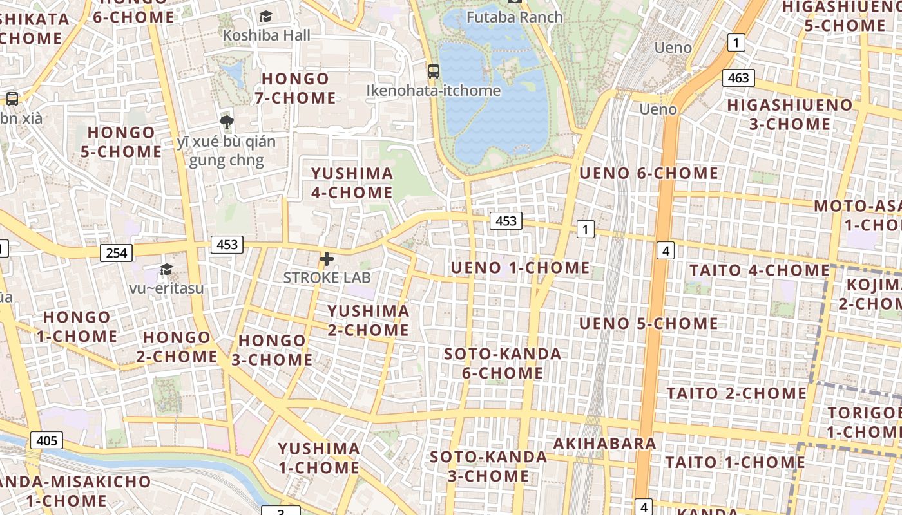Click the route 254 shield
(116, 253)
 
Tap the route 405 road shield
(46, 441)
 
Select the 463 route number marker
(738, 78)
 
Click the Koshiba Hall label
(266, 35)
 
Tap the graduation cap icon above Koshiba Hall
(265, 17)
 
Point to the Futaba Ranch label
(514, 17)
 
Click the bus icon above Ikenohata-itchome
(434, 71)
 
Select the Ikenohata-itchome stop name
(433, 91)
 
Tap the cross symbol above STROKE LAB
(327, 259)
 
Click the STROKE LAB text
(327, 277)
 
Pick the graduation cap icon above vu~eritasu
(166, 269)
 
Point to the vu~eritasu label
(166, 288)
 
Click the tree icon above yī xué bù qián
(226, 122)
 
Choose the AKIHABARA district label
(604, 444)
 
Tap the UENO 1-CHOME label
(520, 268)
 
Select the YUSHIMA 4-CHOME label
(352, 183)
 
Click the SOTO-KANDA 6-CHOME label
(503, 363)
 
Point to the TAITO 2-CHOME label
(736, 393)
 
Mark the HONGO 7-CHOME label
(295, 88)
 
